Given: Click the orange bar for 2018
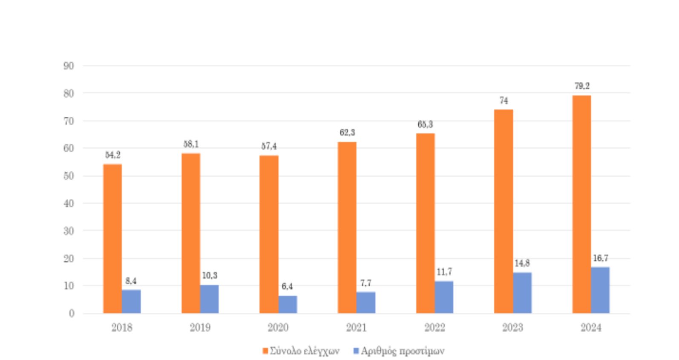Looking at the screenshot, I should click(x=112, y=239).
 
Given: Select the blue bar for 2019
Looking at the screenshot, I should click(x=210, y=299).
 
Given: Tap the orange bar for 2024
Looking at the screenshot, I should click(x=581, y=204).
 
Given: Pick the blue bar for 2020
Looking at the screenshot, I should click(x=288, y=304).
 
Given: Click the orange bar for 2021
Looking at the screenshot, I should click(x=347, y=228).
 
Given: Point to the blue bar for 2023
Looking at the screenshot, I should click(x=522, y=293).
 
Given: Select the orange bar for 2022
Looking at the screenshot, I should click(x=425, y=223).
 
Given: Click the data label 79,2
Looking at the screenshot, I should click(x=582, y=86).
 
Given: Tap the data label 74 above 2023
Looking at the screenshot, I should click(x=503, y=101).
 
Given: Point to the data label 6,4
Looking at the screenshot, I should click(x=287, y=286).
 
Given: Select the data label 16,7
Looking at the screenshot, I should click(x=600, y=258).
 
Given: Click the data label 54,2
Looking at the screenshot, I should click(x=113, y=155).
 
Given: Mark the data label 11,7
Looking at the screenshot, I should click(x=444, y=272).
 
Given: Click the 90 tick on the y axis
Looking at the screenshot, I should click(x=69, y=66).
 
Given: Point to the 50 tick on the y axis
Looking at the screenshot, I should click(x=69, y=176).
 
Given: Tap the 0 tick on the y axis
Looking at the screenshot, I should click(x=72, y=314).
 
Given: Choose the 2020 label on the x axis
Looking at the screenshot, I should click(x=278, y=328).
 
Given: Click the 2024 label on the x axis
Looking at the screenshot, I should click(x=591, y=328).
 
